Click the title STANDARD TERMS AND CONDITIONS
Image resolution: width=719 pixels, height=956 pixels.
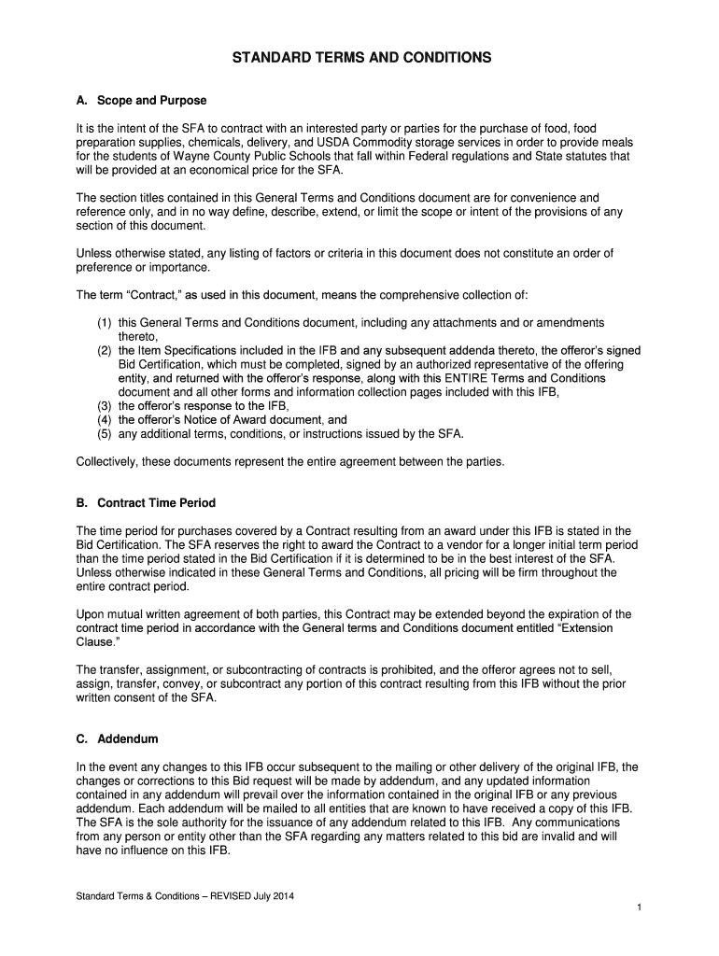tap(360, 58)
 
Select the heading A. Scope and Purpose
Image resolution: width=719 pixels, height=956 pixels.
tap(140, 100)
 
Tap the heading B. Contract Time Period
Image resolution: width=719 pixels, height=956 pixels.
tap(145, 503)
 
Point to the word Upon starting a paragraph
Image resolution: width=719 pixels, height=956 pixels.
tap(91, 614)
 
